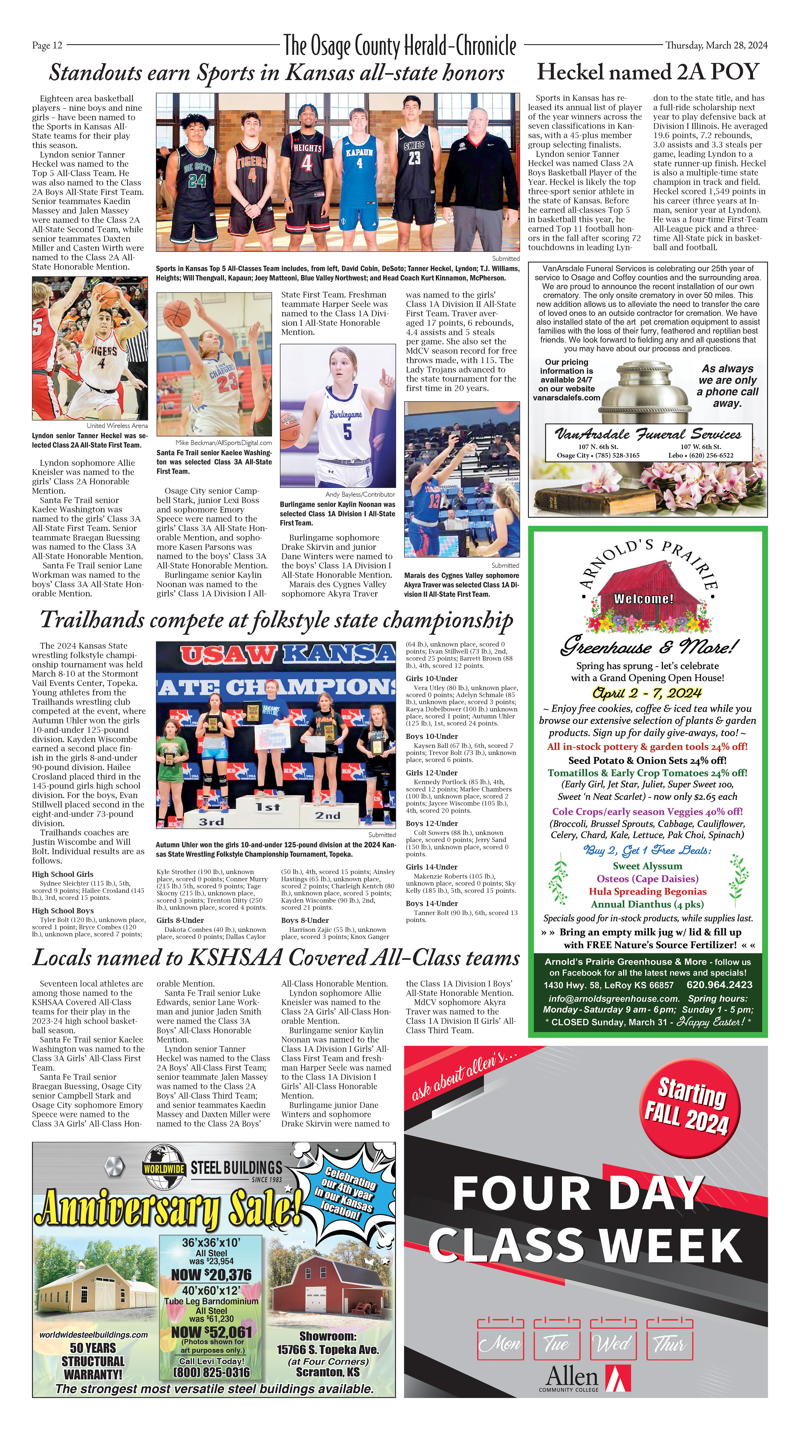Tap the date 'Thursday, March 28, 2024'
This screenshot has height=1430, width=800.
pos(716,45)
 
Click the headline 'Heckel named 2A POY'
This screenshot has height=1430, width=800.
pos(647,72)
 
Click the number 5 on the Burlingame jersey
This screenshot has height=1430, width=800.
pos(347,431)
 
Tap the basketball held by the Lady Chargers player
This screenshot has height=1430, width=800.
pos(177,313)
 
